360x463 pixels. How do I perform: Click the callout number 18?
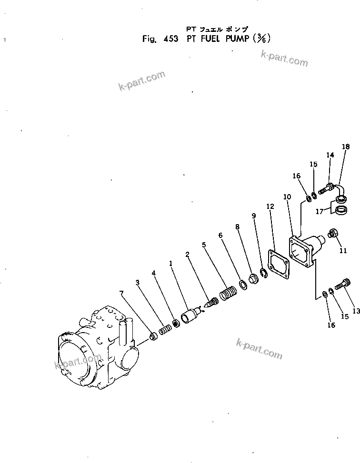click(x=346, y=147)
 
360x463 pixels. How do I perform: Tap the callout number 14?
click(x=330, y=155)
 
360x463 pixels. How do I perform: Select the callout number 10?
click(x=287, y=197)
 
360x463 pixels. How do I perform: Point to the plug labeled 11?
click(x=332, y=234)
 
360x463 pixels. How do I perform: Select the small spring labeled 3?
click(x=164, y=329)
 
